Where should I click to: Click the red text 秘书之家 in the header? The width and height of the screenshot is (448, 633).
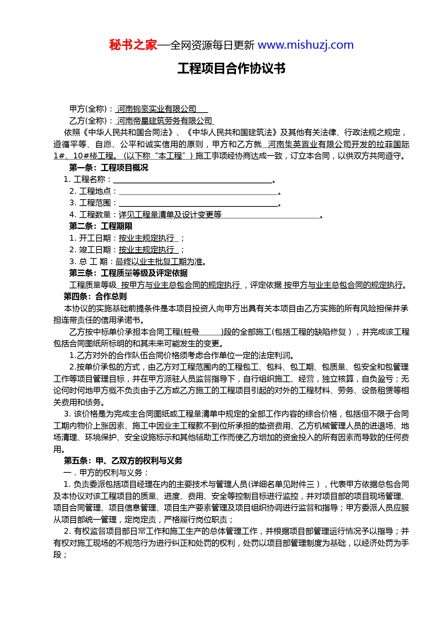click(x=133, y=45)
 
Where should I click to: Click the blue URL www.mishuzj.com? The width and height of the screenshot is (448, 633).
click(x=305, y=45)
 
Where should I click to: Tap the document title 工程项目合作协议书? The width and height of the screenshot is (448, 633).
click(x=231, y=69)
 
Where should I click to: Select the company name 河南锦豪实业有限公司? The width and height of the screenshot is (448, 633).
click(x=157, y=109)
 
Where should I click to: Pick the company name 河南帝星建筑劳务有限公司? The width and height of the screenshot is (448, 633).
click(x=165, y=121)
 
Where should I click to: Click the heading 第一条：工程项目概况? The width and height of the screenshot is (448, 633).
click(x=108, y=168)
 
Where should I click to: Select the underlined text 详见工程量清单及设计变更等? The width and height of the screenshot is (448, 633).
click(x=170, y=215)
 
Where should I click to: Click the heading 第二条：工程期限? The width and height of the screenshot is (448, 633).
click(x=100, y=226)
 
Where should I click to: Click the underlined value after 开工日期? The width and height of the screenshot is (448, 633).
click(x=147, y=238)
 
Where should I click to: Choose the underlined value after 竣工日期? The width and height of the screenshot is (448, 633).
click(x=147, y=250)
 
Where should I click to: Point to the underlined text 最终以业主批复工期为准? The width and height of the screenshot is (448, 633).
click(x=159, y=262)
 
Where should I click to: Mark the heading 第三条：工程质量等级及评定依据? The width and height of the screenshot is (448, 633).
click(x=128, y=273)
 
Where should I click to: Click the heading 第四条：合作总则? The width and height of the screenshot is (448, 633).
click(x=95, y=297)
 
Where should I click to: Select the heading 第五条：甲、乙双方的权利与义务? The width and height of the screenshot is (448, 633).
click(x=123, y=461)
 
